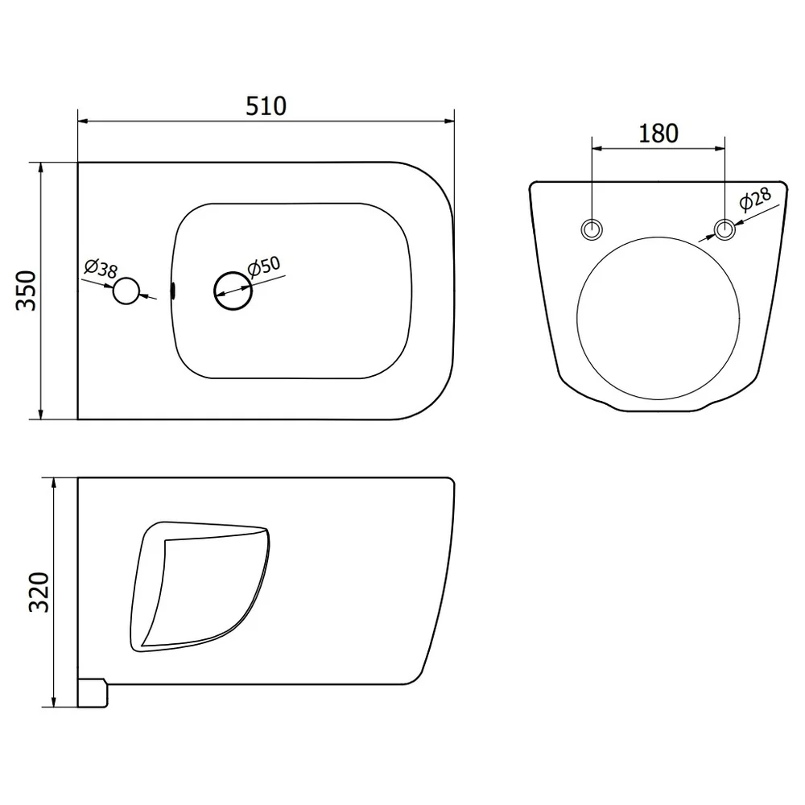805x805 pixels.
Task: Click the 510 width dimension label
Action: point(266,105)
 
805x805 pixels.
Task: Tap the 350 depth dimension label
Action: point(27,291)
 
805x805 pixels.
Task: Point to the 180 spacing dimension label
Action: point(658,134)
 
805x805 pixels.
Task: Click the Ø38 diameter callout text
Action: point(101,268)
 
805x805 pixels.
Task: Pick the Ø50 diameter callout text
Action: point(264,266)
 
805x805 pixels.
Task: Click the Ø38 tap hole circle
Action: point(126,291)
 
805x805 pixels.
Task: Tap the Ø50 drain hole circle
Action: point(233,291)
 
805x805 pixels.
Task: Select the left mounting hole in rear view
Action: point(592,229)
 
